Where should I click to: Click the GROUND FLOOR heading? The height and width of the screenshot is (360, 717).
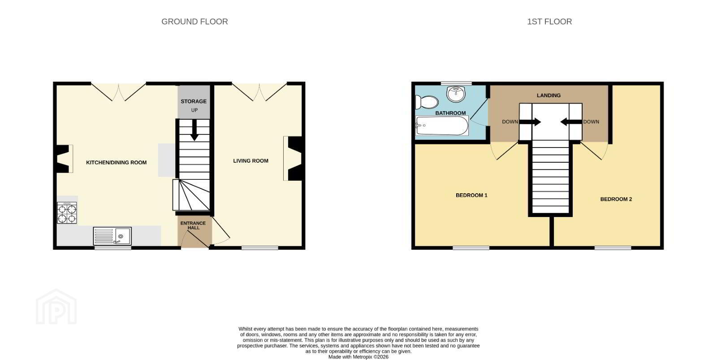(x=194, y=22)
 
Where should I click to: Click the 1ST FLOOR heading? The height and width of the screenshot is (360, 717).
(x=549, y=22)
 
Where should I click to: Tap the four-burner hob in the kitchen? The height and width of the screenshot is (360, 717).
(x=67, y=213)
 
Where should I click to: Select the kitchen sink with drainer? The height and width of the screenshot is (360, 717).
(x=112, y=236)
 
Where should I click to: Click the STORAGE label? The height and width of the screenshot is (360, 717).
(x=193, y=101)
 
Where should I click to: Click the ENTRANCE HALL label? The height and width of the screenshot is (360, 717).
(x=193, y=226)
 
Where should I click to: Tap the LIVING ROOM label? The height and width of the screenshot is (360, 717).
(x=251, y=161)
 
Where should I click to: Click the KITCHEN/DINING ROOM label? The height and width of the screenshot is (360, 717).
(x=116, y=162)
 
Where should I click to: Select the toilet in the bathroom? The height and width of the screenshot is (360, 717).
(x=426, y=102)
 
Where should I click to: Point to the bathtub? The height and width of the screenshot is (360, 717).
(x=442, y=126)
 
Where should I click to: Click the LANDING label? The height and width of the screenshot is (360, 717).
(x=549, y=95)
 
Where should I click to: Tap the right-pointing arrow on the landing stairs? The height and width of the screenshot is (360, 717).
(x=530, y=122)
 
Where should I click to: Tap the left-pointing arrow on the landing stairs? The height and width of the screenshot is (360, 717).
(x=571, y=122)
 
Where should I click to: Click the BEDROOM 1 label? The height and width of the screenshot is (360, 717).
(x=471, y=195)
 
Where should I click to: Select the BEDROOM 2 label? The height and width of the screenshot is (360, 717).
(x=616, y=199)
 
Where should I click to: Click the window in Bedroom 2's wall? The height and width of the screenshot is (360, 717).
(x=613, y=247)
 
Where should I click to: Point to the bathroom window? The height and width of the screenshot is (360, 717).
(x=456, y=83)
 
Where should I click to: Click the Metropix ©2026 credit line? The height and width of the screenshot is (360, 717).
(x=358, y=357)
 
